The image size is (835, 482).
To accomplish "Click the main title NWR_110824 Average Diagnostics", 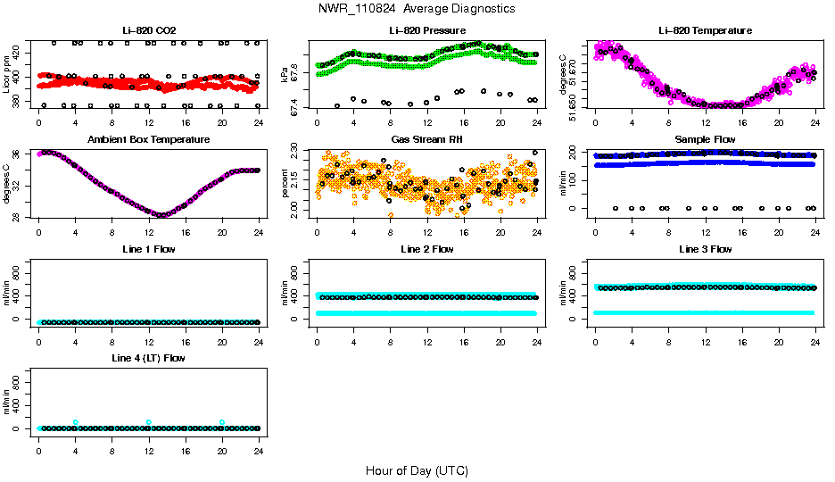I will (x=417, y=9).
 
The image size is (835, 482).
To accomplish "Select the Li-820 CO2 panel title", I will (x=148, y=30).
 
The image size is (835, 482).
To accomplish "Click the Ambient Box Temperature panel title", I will (x=148, y=140).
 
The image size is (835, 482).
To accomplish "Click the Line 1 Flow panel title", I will (x=148, y=250).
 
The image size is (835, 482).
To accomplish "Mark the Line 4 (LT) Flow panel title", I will (x=148, y=359).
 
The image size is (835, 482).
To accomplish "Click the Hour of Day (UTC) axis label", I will (x=417, y=470).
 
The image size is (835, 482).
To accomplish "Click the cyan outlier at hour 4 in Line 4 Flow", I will (x=76, y=422).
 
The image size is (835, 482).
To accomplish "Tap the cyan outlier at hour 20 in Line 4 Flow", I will (x=222, y=422).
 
